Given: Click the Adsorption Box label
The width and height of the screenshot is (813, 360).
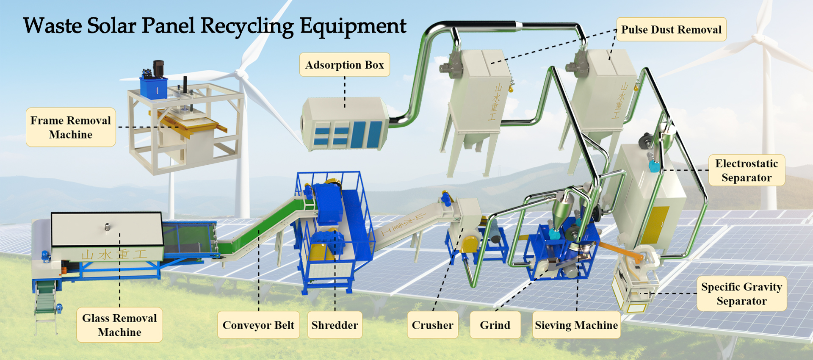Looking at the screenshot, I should click(x=344, y=65).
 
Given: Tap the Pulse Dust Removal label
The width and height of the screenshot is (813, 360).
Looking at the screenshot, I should click(x=671, y=30).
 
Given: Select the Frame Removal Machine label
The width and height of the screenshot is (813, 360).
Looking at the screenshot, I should click(x=71, y=127).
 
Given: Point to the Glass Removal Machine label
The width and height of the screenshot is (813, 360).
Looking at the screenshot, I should click(x=119, y=325).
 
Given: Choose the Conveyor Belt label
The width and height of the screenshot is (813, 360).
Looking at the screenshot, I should click(x=258, y=325).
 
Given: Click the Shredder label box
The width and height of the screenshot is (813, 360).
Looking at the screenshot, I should click(x=335, y=325).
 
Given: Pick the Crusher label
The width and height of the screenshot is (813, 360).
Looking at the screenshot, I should click(x=432, y=325).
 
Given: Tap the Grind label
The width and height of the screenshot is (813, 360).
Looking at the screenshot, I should click(x=495, y=325).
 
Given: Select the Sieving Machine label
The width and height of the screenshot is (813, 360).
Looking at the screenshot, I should click(x=576, y=325).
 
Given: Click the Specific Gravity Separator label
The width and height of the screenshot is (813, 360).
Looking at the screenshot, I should click(x=741, y=294).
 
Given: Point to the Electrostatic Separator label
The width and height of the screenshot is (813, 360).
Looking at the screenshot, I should click(x=747, y=170).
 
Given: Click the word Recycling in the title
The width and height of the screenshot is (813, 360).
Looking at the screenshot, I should click(x=247, y=26).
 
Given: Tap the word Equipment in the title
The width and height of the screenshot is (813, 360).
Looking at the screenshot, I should click(x=353, y=26).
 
